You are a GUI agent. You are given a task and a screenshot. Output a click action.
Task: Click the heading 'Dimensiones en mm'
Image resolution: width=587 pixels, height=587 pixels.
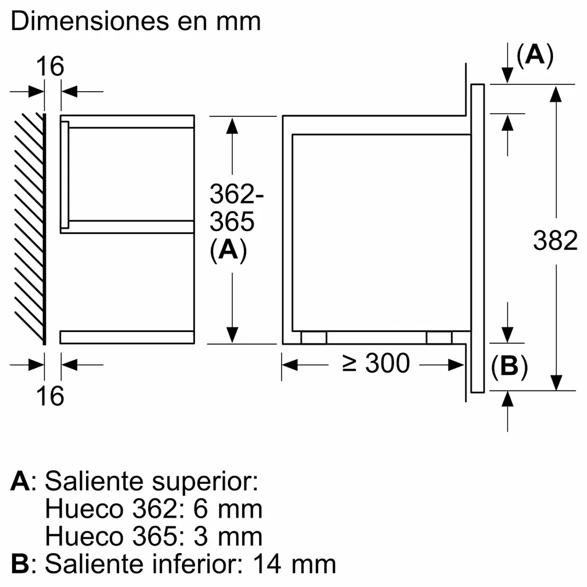(135, 22)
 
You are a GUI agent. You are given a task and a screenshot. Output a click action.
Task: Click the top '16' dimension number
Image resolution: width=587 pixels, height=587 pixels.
(50, 66)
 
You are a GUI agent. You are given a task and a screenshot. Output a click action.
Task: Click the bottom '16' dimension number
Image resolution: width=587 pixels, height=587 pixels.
(50, 396)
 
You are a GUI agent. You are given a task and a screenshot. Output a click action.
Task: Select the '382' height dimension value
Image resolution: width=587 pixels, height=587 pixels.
(555, 240)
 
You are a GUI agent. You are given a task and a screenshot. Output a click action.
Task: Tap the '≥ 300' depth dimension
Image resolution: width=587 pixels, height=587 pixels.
(376, 364)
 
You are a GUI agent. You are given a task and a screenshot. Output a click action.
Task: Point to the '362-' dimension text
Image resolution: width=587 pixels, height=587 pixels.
(236, 195)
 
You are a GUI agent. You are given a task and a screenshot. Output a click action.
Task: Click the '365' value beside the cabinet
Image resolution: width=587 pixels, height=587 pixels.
(232, 222)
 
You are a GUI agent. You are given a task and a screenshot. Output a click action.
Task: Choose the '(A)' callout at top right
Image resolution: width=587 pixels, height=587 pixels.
(534, 55)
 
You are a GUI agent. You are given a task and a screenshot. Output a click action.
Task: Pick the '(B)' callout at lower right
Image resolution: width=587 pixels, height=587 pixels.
(509, 367)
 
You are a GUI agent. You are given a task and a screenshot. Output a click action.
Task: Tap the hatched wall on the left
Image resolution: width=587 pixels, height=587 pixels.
(29, 227)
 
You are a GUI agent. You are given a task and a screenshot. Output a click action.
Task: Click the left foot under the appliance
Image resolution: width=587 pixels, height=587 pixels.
(314, 338)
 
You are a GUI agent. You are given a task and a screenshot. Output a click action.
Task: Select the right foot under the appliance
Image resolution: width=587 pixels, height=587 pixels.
(439, 338)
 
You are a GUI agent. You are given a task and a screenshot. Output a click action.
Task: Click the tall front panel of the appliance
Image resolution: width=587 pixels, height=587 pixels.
(477, 238)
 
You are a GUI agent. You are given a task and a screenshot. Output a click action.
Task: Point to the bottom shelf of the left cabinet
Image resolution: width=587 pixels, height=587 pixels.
(127, 337)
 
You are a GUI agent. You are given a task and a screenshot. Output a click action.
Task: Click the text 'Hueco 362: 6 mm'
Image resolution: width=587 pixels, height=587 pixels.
(153, 509)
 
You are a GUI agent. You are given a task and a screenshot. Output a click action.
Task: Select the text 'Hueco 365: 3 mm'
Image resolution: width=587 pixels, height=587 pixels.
(153, 536)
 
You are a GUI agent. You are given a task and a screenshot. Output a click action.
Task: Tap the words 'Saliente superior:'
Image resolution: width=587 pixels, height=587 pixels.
(151, 481)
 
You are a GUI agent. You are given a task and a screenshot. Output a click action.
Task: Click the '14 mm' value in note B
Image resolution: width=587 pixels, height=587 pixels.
(294, 564)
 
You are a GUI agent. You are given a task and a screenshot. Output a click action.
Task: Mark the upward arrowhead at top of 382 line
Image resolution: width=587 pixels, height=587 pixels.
(556, 94)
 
